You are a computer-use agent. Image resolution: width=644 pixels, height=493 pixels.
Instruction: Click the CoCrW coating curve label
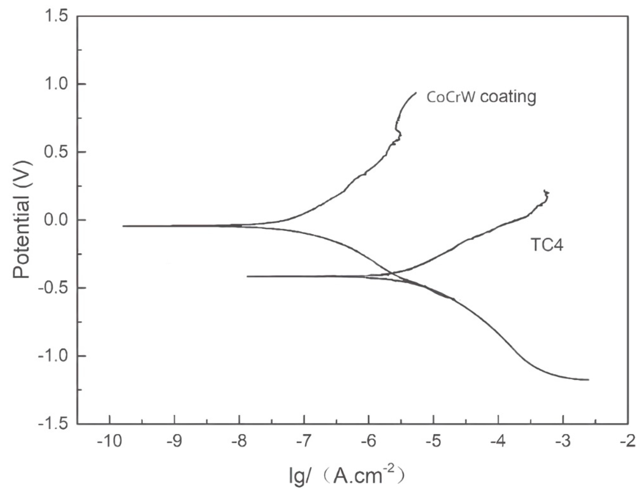(x=481, y=97)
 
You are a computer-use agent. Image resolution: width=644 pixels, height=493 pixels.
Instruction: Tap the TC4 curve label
(x=547, y=245)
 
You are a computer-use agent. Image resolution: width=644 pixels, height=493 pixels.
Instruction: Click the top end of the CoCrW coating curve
(x=416, y=93)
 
